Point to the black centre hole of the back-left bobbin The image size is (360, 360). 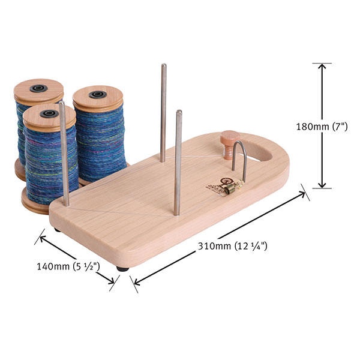[38, 88]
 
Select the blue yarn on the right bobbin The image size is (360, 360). [99, 138]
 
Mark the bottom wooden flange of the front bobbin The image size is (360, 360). [36, 207]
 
